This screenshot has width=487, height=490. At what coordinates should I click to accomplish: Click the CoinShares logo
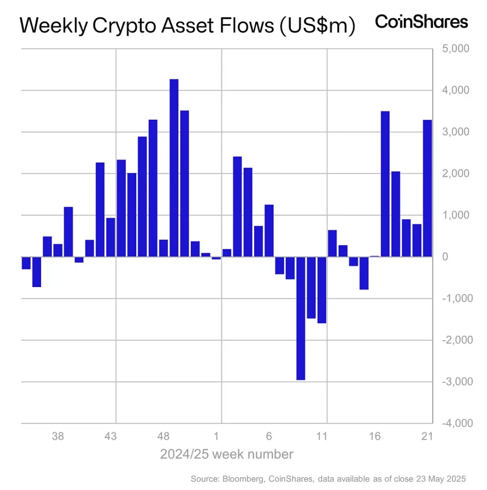[x=421, y=22]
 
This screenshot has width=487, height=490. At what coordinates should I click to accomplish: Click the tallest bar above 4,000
[x=174, y=167]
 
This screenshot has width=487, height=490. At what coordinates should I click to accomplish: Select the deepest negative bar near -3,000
[x=301, y=318]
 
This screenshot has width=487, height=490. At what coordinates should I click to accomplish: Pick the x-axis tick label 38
[x=58, y=436]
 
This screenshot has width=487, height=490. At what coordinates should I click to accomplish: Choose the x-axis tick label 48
[x=164, y=436]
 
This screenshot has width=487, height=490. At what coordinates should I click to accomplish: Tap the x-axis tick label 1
[x=217, y=436]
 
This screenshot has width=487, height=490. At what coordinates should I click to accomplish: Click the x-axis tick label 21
[x=427, y=436]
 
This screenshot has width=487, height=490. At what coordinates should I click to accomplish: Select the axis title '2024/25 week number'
[x=227, y=454]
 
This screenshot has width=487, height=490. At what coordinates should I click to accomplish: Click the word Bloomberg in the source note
[x=244, y=479]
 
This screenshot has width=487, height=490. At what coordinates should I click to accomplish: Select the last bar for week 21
[x=428, y=188]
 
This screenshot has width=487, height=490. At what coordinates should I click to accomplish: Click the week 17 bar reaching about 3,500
[x=385, y=184]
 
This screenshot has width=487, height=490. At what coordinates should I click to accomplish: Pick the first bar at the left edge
[x=26, y=263]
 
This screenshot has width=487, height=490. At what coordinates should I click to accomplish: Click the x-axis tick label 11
[x=322, y=436]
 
